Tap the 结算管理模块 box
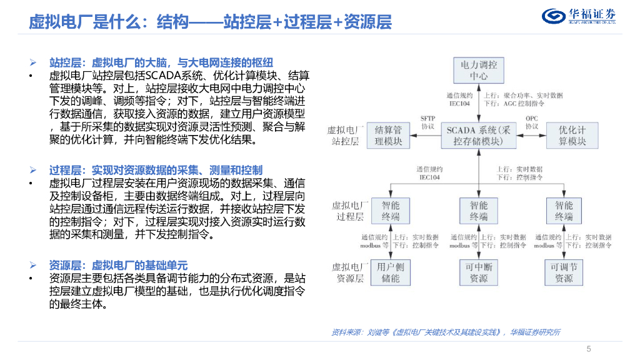coord(391,136)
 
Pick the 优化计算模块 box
coord(572,136)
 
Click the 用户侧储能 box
coord(391,272)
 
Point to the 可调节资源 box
coord(564,272)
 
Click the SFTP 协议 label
coord(427,121)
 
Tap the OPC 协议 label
coord(531,121)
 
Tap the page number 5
coord(588,349)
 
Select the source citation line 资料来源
coord(445,332)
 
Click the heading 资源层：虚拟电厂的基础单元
coord(118,265)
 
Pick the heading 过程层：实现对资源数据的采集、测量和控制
coord(156,170)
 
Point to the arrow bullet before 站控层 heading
coord(34,62)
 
